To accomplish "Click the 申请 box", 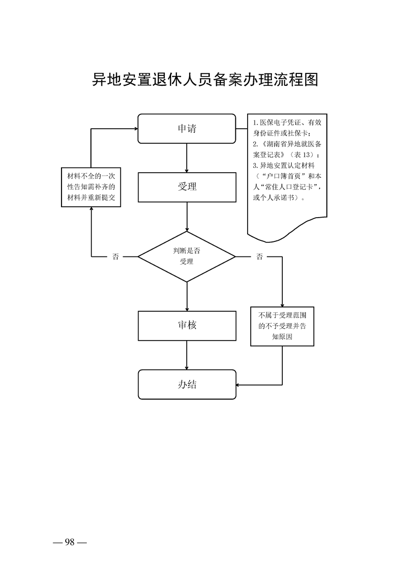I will point(187,128).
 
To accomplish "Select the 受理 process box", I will point(187,187).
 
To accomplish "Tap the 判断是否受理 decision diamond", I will point(187,256).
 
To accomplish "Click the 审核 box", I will point(187,326).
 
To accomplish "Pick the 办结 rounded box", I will point(187,385).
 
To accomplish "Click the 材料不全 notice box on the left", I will point(91,187).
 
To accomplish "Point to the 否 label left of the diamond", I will point(115,256).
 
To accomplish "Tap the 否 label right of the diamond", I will point(259,256).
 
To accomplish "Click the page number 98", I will point(70,542).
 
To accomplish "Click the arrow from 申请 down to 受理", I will point(187,158).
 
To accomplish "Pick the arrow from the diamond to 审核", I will point(187,296).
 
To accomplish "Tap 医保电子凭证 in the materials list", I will point(279,123).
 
